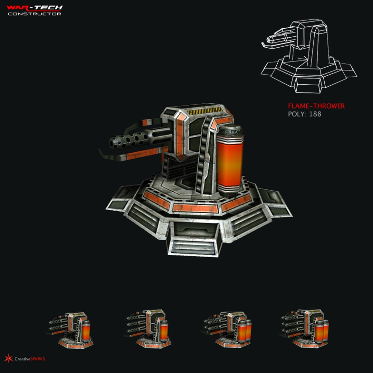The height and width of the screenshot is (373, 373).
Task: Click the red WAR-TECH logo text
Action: [x=35, y=8]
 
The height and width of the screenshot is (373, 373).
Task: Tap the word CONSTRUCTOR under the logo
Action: [x=35, y=14]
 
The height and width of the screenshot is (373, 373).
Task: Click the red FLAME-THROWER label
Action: [x=316, y=106]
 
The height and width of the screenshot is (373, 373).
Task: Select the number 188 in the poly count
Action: [x=315, y=114]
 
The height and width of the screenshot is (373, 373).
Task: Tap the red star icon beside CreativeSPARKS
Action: [x=9, y=358]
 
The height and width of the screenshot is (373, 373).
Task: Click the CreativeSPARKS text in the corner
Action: [x=30, y=359]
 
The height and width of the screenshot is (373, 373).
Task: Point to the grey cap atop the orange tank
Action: [x=231, y=131]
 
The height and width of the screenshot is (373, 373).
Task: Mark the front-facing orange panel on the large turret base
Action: [x=195, y=208]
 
